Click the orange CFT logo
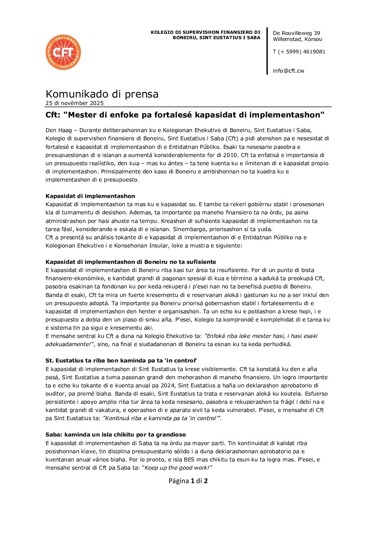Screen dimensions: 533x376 pyautogui.click(x=63, y=52)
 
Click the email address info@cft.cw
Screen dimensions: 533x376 pyautogui.click(x=288, y=70)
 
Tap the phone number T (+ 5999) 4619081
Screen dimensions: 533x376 pyautogui.click(x=299, y=52)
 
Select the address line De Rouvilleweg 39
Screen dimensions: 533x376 pyautogui.click(x=296, y=33)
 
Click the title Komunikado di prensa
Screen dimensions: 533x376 pyautogui.click(x=102, y=94)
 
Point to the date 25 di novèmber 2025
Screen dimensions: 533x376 pyautogui.click(x=75, y=103)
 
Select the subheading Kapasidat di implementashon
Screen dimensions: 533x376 pyautogui.click(x=90, y=196)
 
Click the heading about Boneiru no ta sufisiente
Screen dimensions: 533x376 pyautogui.click(x=131, y=262)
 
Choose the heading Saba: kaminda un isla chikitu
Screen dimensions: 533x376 pyautogui.click(x=116, y=435)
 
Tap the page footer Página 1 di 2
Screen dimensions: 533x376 pyautogui.click(x=188, y=481)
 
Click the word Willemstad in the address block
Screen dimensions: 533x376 pyautogui.click(x=287, y=39)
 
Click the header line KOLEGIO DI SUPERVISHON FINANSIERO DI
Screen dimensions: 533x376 pyautogui.click(x=205, y=32)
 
